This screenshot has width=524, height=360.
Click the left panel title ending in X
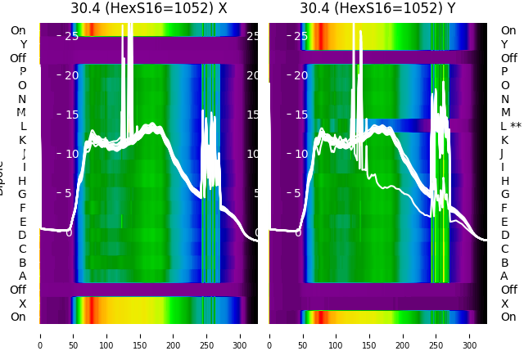(148, 8)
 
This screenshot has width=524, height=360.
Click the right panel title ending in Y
(377, 8)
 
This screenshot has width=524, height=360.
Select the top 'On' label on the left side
(18, 30)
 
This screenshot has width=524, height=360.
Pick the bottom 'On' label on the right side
(508, 317)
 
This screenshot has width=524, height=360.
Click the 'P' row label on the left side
(22, 71)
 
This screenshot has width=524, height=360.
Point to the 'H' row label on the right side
(505, 181)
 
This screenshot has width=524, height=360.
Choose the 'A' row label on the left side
(22, 276)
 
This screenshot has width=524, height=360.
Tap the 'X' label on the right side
(505, 304)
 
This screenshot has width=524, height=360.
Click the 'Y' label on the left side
(23, 44)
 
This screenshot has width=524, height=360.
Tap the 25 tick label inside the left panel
(71, 36)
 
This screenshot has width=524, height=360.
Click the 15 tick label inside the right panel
(300, 115)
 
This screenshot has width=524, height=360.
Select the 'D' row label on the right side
(505, 235)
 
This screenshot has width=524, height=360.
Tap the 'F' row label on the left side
(23, 208)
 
